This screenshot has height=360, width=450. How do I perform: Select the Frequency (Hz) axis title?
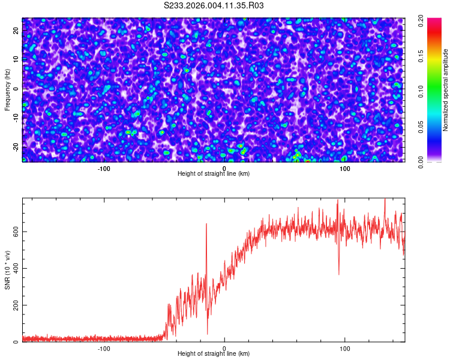coord(7,89)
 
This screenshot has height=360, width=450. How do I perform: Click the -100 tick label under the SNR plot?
coord(104,349)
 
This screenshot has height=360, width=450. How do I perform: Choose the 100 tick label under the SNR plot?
coord(345,349)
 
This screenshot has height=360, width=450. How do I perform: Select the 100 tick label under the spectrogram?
coord(345,169)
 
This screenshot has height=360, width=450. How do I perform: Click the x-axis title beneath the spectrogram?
coord(214,174)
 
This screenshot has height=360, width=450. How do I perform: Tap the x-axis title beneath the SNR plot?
coord(214,354)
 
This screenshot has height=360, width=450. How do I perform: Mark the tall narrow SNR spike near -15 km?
coord(206,225)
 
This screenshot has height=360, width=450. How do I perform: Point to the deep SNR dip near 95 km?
coord(338,273)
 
